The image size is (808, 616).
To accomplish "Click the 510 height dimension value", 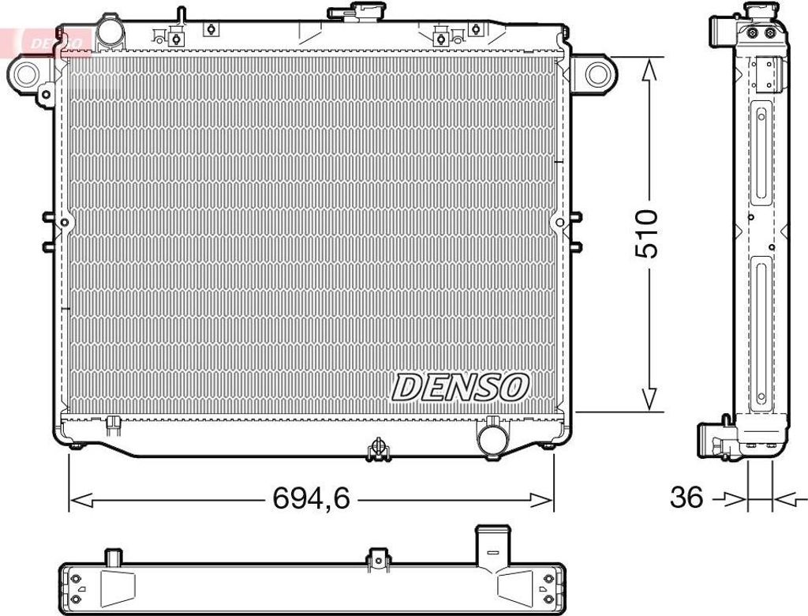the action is pyautogui.click(x=646, y=234).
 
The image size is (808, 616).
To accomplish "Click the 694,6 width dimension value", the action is pyautogui.click(x=311, y=498).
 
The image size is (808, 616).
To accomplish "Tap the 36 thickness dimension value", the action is pyautogui.click(x=686, y=498).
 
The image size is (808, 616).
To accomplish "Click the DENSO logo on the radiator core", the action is pyautogui.click(x=460, y=387).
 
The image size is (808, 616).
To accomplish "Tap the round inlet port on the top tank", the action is pyautogui.click(x=110, y=31).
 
